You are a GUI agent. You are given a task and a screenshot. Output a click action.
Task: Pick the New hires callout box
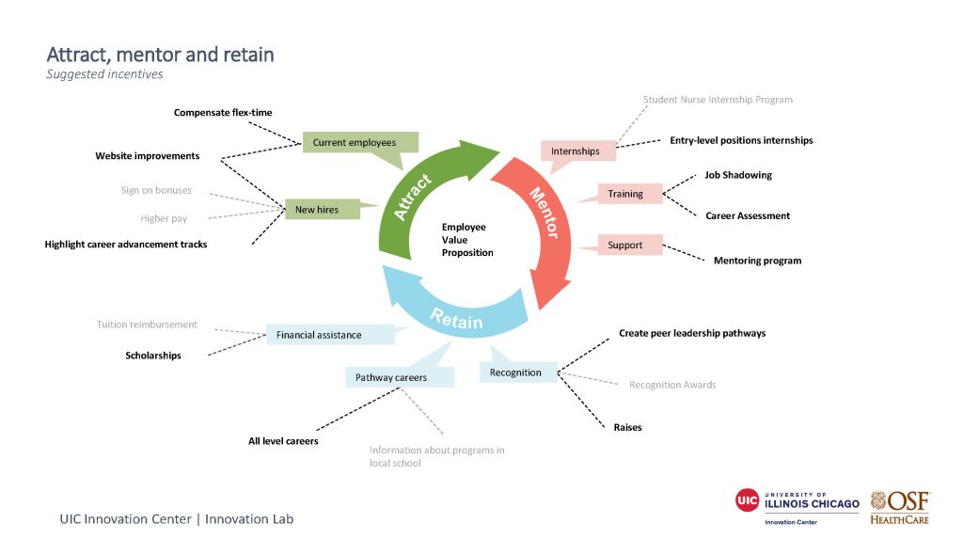click(x=318, y=210)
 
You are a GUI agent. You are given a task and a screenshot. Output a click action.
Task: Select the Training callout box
click(x=625, y=194)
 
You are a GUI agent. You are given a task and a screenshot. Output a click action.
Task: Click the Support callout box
click(x=625, y=245)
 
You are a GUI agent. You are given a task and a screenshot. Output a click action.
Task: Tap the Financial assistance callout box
click(x=319, y=335)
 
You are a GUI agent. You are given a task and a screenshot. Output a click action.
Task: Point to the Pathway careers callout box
click(x=391, y=377)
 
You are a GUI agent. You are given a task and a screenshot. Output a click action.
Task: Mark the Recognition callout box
click(x=515, y=373)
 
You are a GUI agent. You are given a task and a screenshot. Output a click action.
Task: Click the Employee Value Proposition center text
click(x=465, y=240)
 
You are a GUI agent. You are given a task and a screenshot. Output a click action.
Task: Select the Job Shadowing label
click(x=738, y=175)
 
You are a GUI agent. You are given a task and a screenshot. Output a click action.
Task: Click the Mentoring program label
click(x=757, y=261)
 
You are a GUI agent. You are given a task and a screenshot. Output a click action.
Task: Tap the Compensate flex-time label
click(x=223, y=113)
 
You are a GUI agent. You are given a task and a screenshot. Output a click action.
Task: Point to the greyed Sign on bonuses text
click(x=156, y=190)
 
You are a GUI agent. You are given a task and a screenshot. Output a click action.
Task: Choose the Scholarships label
click(x=153, y=356)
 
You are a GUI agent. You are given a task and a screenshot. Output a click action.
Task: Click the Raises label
click(x=627, y=427)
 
